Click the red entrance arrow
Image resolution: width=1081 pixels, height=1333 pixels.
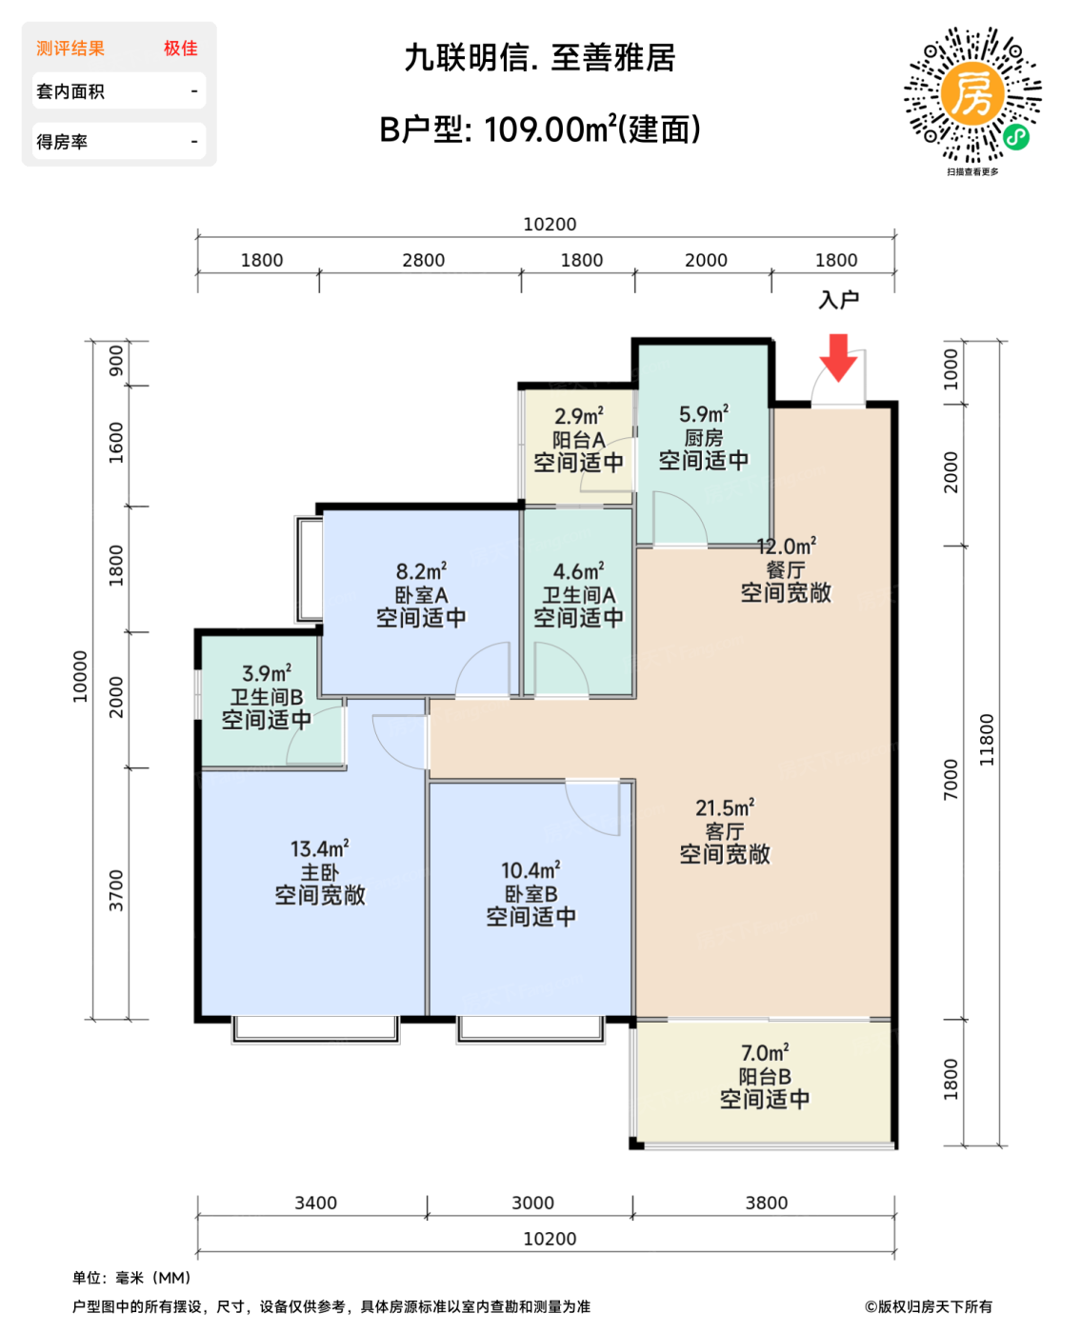tap(838, 357)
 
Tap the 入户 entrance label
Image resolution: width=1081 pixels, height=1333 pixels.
tap(838, 300)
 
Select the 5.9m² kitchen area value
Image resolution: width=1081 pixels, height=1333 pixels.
tap(704, 413)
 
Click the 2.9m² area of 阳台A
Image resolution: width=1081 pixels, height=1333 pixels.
tap(578, 415)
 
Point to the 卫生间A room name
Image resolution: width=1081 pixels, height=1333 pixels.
tap(578, 594)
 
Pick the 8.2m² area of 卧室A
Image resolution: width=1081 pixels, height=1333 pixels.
tap(421, 570)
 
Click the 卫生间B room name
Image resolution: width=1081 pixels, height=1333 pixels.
tap(267, 697)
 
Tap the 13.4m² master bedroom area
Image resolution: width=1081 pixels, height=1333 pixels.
tap(319, 848)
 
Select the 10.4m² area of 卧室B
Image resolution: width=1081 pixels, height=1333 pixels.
tap(530, 870)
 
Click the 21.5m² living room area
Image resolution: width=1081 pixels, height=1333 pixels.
tap(725, 807)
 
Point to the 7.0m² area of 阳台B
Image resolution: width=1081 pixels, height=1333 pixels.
tap(765, 1053)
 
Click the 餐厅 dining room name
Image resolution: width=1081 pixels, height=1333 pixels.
tap(786, 569)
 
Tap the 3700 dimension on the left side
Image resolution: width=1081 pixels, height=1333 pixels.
tap(116, 890)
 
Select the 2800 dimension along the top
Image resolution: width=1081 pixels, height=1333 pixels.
tap(423, 260)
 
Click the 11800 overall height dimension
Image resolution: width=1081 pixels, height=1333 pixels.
tap(987, 740)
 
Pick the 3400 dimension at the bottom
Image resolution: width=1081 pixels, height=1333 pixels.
tap(315, 1203)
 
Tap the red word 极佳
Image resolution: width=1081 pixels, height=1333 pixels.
tap(180, 49)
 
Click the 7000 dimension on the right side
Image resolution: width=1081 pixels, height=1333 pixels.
tap(951, 779)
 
